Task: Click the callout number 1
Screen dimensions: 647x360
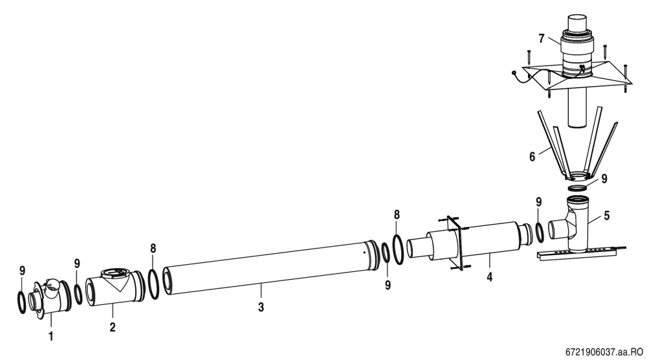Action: [x=50, y=337]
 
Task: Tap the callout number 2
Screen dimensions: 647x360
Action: [x=112, y=327]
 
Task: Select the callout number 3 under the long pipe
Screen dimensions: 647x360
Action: [x=261, y=307]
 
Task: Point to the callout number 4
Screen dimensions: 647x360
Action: [x=489, y=277]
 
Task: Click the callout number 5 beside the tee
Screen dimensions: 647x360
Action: [x=607, y=216]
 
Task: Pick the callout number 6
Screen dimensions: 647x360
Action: [x=532, y=157]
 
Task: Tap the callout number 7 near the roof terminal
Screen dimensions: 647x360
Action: [x=542, y=38]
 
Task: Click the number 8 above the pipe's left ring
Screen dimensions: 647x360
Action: [x=153, y=249]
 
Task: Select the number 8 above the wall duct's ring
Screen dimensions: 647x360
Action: [x=397, y=215]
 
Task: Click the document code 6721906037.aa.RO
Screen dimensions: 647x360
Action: [x=604, y=352]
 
